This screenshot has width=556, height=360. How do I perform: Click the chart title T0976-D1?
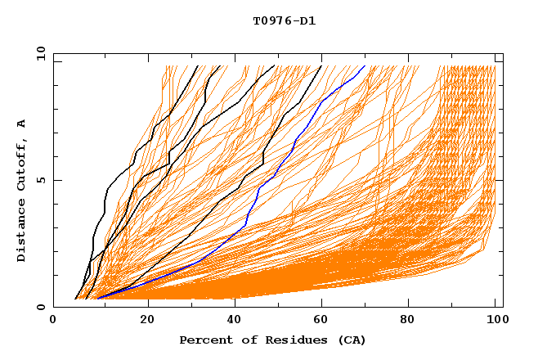284,20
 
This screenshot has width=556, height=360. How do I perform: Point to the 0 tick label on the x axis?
53,320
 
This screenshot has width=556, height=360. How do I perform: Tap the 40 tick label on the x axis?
236,320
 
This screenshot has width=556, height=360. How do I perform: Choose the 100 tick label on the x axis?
495,320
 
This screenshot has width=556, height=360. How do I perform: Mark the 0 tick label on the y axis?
40,307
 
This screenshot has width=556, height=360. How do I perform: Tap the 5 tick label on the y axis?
40,180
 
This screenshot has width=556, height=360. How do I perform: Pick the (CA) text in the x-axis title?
351,340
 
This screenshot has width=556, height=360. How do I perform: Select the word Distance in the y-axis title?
22,231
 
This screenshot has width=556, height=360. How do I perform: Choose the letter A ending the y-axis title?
22,124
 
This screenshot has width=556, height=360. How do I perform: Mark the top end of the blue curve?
365,66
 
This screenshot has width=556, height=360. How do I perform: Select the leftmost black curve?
106,196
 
